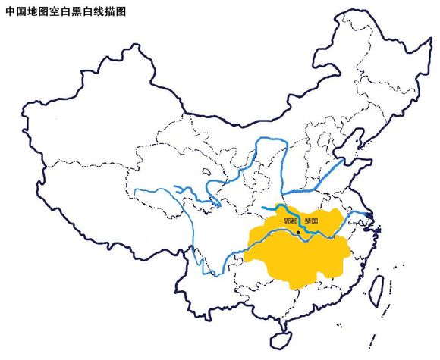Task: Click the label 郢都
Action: (289, 221)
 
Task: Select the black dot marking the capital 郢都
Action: (300, 221)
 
